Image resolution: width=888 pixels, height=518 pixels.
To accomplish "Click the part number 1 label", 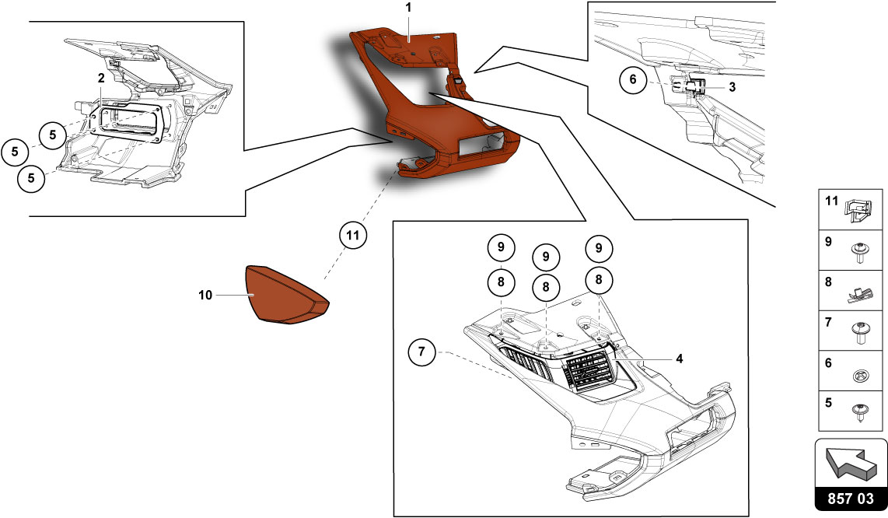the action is [408, 7].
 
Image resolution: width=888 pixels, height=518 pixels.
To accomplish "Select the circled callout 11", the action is [352, 234].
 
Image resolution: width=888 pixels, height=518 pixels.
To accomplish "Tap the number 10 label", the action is [205, 295].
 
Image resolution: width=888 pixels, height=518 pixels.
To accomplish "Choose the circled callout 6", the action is [633, 80].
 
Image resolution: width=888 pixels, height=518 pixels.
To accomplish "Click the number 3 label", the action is [732, 88].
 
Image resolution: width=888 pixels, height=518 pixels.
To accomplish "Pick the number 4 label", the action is [679, 359].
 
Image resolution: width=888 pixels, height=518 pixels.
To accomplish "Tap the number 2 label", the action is [101, 78].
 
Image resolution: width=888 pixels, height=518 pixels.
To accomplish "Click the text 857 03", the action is [850, 498].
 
